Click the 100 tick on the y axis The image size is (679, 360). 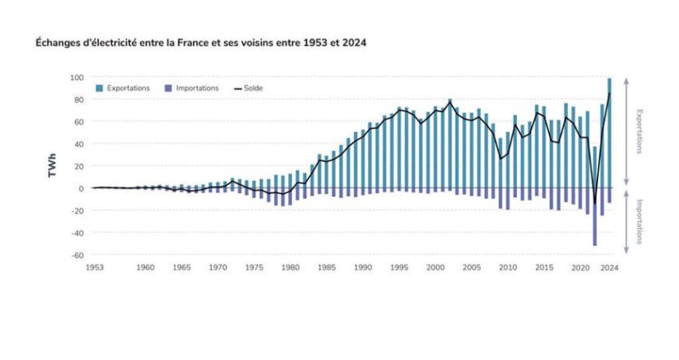(77, 78)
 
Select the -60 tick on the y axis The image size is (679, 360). (77, 255)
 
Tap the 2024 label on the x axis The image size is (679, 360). (609, 268)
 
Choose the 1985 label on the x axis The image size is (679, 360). (325, 268)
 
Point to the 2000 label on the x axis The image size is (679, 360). (434, 268)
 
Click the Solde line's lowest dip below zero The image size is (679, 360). (595, 203)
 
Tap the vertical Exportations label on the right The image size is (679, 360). (640, 132)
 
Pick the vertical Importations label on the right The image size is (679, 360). (640, 222)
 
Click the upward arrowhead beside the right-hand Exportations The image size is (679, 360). (627, 80)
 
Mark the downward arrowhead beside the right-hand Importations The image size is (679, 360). (627, 251)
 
